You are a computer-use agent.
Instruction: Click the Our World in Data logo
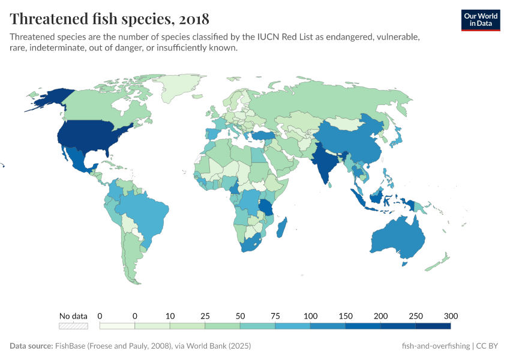(x=480, y=20)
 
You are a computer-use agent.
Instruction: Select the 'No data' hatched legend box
(x=73, y=326)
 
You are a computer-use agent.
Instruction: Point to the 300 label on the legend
(x=451, y=316)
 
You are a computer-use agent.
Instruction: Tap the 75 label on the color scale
(x=275, y=316)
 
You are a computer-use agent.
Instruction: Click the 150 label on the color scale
(x=346, y=316)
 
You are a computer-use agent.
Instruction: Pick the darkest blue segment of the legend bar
(x=433, y=326)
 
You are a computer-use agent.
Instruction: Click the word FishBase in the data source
(x=71, y=346)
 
